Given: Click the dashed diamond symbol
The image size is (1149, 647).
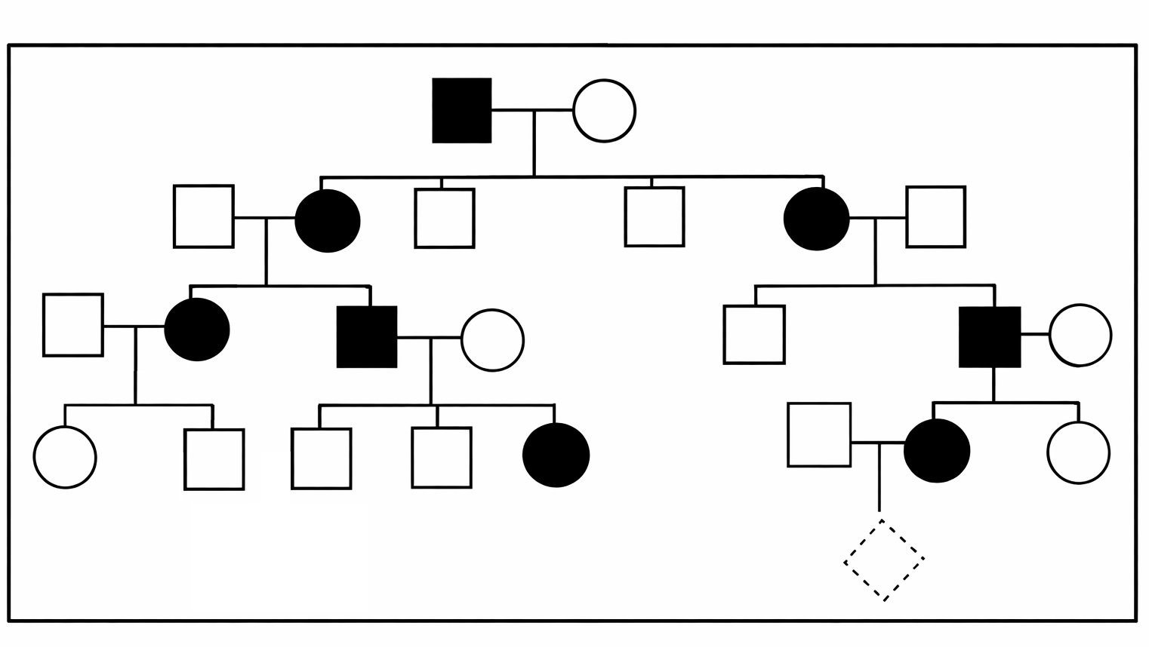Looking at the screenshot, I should [884, 560].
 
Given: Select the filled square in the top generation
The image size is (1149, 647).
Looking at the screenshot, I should [461, 110].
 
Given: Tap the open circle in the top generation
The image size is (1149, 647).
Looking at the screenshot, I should [604, 110].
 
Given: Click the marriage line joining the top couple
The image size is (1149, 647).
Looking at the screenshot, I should [532, 110].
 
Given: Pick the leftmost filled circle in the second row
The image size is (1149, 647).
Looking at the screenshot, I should [327, 220].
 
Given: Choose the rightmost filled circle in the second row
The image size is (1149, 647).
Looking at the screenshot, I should [816, 219].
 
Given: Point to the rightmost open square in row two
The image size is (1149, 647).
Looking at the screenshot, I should [935, 216].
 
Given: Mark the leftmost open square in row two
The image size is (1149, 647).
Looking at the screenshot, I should [203, 216].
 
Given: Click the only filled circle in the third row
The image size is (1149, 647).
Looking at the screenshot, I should [197, 330].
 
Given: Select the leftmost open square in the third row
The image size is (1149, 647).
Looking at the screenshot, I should [73, 324].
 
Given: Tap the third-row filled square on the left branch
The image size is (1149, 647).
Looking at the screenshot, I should [367, 336].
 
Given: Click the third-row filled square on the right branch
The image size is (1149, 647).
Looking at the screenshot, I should [989, 336].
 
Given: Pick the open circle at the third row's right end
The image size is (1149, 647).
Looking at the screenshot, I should [1080, 335].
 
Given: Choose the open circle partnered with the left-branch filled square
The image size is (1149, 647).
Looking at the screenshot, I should [492, 340].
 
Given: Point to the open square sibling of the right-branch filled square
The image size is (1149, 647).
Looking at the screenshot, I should [754, 334].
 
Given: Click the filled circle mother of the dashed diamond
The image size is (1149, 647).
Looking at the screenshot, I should [937, 451].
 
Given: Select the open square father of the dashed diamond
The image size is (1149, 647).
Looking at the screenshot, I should [819, 434].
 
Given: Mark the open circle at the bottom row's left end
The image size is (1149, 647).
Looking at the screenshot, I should [65, 457].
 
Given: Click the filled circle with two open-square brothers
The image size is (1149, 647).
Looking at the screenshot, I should [556, 455].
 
